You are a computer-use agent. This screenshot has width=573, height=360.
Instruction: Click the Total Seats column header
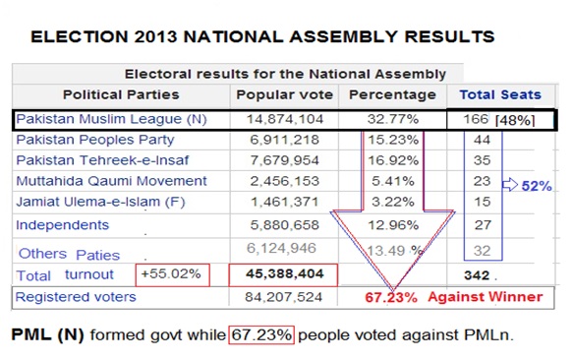[x=500, y=94]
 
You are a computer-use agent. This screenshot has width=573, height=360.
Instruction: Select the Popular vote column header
[x=284, y=94]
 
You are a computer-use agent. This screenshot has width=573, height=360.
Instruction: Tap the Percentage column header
[x=392, y=95]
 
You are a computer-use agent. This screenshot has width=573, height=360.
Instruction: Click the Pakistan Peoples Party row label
[x=95, y=140]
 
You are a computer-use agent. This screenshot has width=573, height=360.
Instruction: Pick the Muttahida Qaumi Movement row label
[x=111, y=181]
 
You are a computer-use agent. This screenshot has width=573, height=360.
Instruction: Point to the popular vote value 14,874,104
[x=285, y=119]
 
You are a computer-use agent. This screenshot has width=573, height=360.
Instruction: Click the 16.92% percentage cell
[x=393, y=160]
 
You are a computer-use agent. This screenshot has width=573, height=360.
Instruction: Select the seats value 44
[x=482, y=140]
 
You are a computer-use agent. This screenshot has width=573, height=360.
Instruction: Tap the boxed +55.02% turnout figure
[x=172, y=274]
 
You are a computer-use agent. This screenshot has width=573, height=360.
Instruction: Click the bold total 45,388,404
[x=284, y=274]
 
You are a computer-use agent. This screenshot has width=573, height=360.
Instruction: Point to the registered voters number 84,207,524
[x=284, y=297]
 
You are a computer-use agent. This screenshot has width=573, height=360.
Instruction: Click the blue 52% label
[x=537, y=186]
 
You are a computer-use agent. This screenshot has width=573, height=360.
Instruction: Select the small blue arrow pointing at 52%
[x=510, y=185]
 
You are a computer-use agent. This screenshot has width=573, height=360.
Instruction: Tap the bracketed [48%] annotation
[x=515, y=120]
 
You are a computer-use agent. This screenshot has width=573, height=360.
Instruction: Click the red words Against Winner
[x=486, y=297]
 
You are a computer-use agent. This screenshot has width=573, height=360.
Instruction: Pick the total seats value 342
[x=477, y=275]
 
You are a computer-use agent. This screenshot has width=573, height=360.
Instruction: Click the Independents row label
[x=63, y=225]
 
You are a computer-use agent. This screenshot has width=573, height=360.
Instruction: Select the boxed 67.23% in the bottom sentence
[x=261, y=335]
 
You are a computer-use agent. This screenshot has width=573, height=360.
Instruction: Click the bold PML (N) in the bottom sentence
[x=48, y=334]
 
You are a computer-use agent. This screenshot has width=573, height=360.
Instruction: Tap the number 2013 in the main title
[x=155, y=36]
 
